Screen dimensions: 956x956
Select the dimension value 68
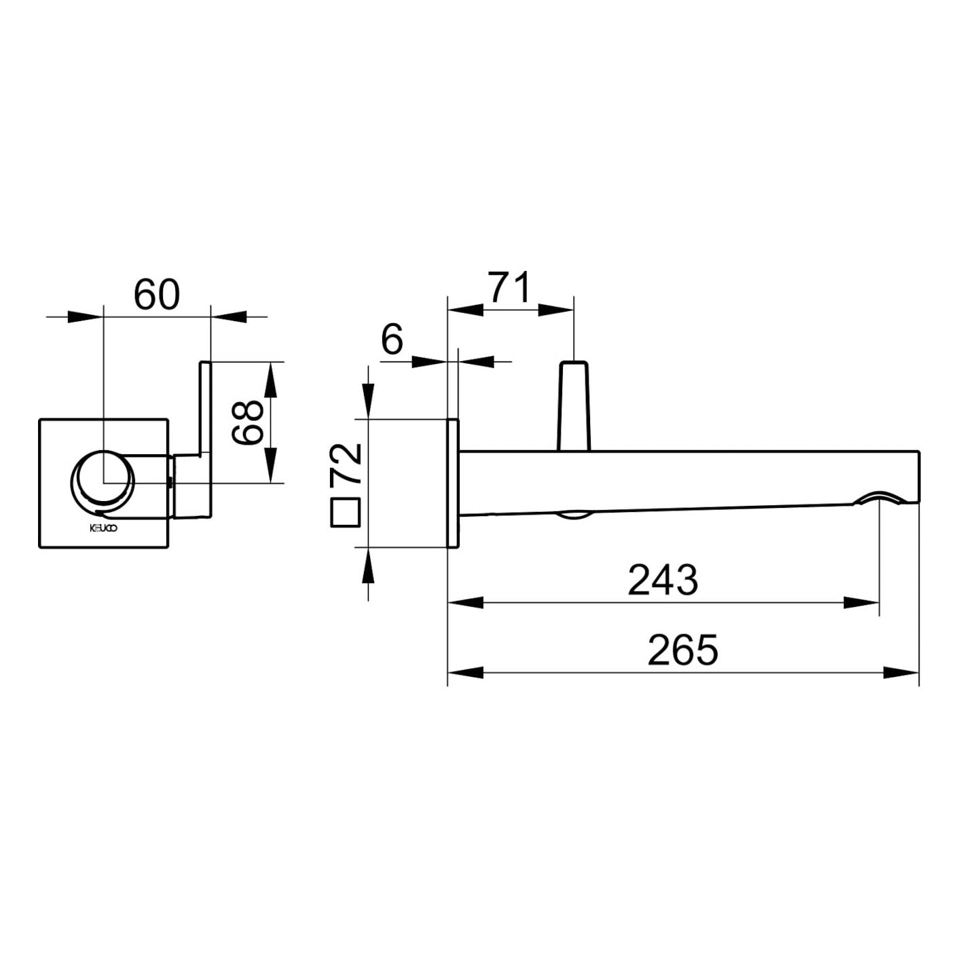246,422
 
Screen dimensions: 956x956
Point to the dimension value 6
392,339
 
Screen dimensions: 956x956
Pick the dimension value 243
663,580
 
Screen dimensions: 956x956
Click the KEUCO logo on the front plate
103,529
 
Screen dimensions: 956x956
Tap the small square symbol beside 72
345,513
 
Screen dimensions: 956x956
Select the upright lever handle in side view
574,406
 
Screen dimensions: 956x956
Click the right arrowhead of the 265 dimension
902,673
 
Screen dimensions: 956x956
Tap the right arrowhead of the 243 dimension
862,603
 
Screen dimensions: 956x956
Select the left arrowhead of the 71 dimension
465,310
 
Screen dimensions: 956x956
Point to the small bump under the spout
575,516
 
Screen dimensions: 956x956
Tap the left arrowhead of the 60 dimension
85,316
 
